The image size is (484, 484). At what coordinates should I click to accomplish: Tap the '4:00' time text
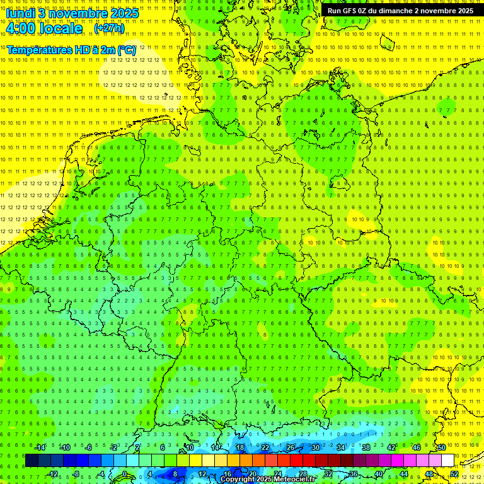[x=23, y=28]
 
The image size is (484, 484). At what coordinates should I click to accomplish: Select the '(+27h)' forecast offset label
[x=109, y=28]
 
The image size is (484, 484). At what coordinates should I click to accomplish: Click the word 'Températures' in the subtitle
[x=39, y=49]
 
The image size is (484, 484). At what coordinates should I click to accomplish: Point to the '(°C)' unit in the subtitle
[x=126, y=49]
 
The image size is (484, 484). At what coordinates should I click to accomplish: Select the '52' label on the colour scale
[x=454, y=474]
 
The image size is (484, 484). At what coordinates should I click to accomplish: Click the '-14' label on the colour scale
[x=40, y=447]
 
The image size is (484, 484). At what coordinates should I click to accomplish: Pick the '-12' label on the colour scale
[x=53, y=474]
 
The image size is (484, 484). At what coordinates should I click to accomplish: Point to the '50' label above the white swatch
[x=442, y=447]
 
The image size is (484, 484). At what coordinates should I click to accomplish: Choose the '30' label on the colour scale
[x=316, y=447]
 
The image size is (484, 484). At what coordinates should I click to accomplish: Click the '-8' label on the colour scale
[x=76, y=474]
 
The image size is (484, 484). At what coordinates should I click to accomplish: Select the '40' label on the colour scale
[x=378, y=474]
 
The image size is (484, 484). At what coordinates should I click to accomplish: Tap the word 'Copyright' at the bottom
[x=238, y=480]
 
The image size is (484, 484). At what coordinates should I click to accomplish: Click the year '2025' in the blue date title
[x=124, y=13]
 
